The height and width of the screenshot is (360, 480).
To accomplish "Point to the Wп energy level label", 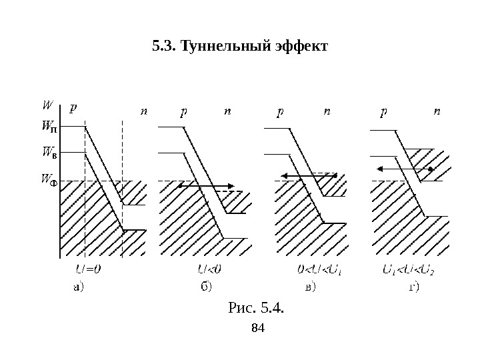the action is (x=49, y=125).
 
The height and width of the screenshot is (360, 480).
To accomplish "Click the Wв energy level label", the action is (x=49, y=153).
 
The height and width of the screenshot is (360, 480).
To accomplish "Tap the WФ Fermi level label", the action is (x=49, y=179).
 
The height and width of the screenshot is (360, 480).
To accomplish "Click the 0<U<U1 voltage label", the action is (x=319, y=271).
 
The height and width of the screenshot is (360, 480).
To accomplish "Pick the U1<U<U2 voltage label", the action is (x=407, y=271).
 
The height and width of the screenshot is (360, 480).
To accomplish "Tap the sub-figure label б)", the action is (x=206, y=288).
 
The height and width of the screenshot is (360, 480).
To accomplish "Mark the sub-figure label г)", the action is (x=414, y=288).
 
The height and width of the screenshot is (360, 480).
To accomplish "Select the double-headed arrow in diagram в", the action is (x=309, y=175).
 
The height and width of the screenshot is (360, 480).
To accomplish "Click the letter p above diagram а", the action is (x=73, y=107).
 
